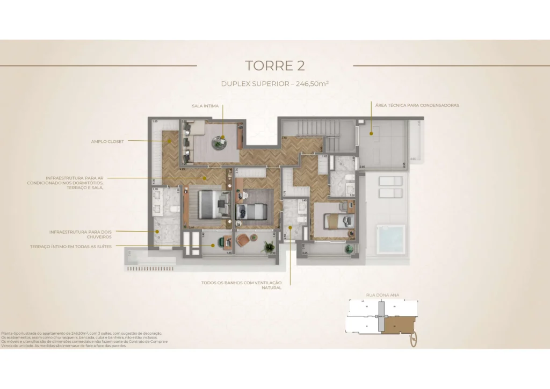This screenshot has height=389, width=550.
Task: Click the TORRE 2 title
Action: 274,66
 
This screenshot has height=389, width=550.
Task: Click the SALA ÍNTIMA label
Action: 205,106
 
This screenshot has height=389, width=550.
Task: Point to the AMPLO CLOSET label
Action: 107,141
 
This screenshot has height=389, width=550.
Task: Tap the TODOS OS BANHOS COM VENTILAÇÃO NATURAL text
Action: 241,285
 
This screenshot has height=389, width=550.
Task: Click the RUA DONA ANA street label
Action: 382,295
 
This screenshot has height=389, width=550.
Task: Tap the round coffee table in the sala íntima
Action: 220,141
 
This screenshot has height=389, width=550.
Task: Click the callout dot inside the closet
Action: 170,141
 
